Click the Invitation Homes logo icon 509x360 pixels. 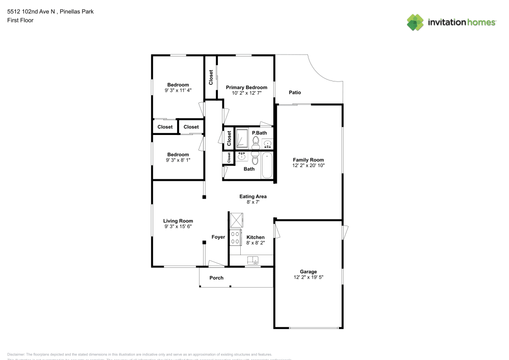pos(415,22)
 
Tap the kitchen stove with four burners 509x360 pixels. pos(236,237)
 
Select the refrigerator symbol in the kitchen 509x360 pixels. pos(236,220)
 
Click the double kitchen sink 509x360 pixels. pos(253,260)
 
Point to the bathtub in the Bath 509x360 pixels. pos(267,165)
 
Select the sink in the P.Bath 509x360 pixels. pos(267,143)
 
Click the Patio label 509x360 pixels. pos(295,93)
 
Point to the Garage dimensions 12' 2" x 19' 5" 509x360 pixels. pos(308,278)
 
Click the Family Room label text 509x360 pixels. pos(308,160)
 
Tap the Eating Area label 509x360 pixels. pos(253,197)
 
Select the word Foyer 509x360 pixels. pos(218,237)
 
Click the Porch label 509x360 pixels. pos(216,278)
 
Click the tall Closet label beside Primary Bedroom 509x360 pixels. pos(211,77)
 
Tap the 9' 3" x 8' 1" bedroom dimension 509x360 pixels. pos(178,160)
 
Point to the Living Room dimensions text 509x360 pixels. pos(178,227)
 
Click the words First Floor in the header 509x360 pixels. pos(20,20)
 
